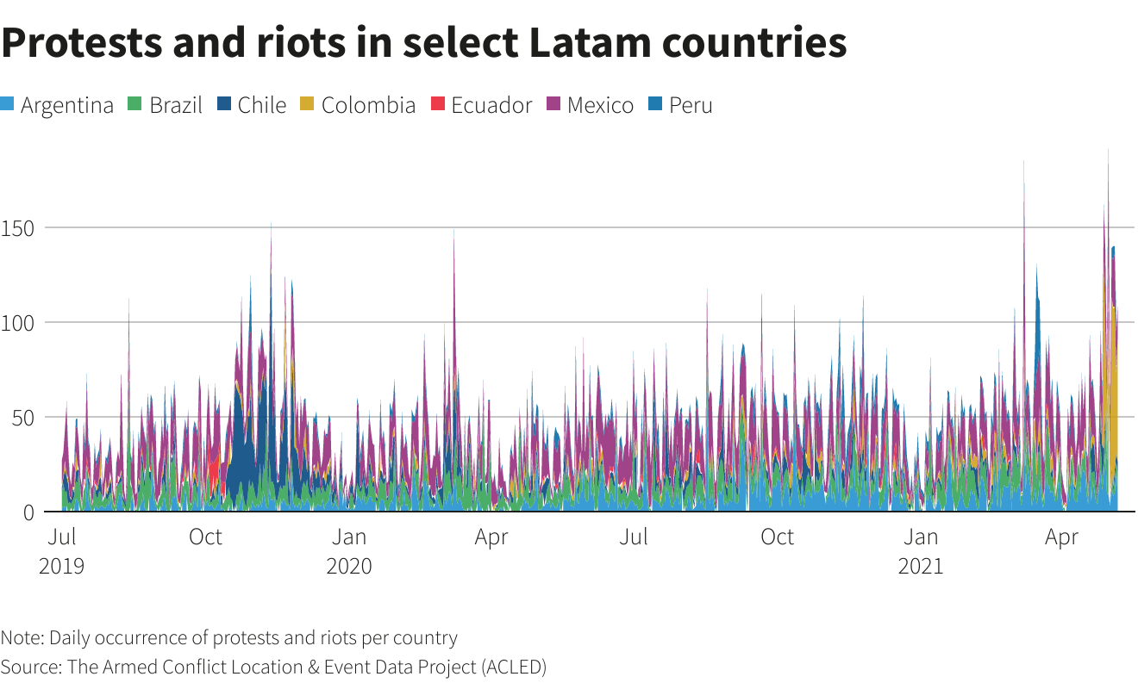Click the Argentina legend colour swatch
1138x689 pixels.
pos(9,105)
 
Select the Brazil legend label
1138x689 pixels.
pos(175,105)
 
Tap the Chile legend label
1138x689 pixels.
pos(261,105)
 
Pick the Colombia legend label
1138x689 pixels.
pos(368,105)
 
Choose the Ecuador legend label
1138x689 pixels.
pos(491,105)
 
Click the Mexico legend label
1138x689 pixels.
pos(600,105)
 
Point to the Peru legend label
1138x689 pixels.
pos(691,105)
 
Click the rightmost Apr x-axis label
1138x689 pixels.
pos(1061,537)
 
